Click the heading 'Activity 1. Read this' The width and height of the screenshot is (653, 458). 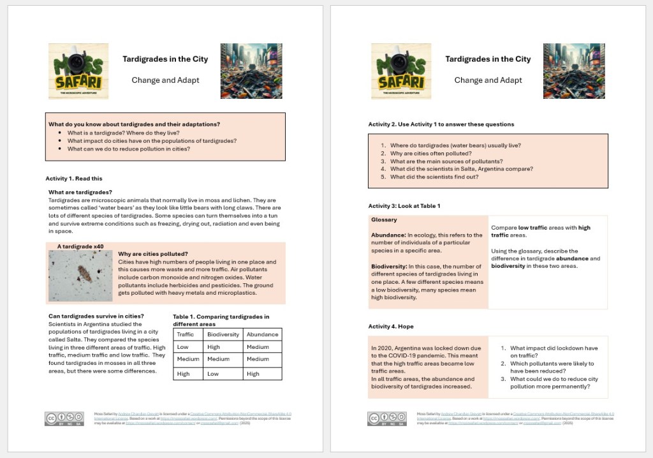click(74, 178)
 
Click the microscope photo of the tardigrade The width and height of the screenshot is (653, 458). click(80, 276)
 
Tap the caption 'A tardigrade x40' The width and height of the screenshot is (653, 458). click(80, 246)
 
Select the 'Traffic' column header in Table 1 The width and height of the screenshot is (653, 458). click(186, 334)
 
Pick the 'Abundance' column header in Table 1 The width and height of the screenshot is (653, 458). click(262, 334)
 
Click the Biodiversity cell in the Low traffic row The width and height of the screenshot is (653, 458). click(214, 347)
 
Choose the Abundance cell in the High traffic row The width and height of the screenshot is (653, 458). click(253, 374)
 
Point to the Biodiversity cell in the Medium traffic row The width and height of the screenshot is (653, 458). click(219, 359)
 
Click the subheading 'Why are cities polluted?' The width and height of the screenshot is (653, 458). click(153, 254)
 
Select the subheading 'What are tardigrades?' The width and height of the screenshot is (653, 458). click(80, 192)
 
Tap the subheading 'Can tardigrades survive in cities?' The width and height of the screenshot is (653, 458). click(96, 316)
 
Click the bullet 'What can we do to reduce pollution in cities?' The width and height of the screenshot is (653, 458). click(129, 149)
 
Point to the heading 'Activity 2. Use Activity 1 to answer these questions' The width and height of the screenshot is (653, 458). click(441, 124)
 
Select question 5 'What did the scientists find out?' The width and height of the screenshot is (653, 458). click(434, 177)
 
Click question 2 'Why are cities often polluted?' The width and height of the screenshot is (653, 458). click(431, 154)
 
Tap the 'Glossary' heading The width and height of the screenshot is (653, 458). click(384, 220)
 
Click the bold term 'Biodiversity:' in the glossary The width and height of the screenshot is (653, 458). click(388, 267)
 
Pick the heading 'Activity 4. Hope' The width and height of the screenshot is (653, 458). click(391, 326)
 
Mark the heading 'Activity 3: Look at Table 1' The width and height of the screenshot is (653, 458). click(404, 206)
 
